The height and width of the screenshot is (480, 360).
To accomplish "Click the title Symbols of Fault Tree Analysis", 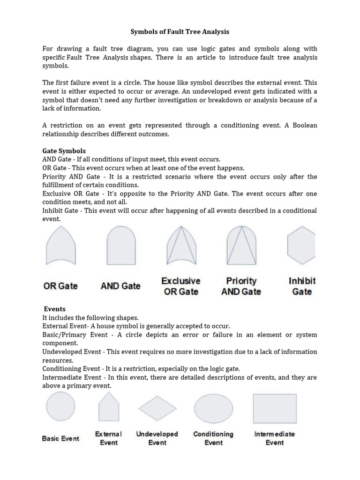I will point(180,32).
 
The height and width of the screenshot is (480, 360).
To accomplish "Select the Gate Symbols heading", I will point(64,151).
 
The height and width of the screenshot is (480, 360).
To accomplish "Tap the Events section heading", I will point(55,309).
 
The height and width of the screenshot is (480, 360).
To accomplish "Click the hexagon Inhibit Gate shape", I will point(301,246).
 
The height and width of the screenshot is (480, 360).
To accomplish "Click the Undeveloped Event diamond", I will point(157,409).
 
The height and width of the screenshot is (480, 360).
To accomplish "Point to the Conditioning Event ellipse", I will point(213,409).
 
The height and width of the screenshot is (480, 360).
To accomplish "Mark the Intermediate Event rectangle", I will point(275,408).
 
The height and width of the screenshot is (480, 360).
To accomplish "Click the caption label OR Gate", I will point(60,286).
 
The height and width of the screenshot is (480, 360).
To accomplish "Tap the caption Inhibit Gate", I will point(302,286).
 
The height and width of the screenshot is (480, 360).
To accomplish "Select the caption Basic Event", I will point(61,439).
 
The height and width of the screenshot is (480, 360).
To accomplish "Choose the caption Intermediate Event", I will point(275,438).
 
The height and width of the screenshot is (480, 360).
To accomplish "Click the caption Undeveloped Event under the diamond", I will point(157,438).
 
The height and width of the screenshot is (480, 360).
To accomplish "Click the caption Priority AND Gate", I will point(241,286).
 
